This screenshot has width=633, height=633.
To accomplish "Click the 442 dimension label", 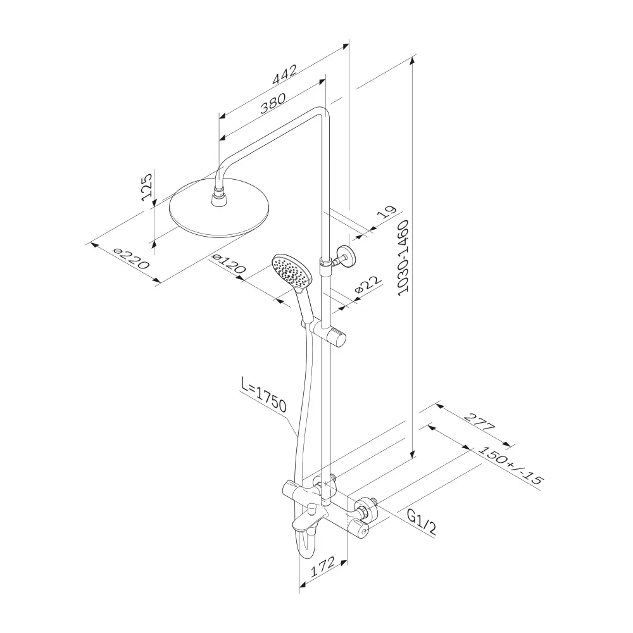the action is pos(285,74).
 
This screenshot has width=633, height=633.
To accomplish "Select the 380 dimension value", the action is pos(273,103).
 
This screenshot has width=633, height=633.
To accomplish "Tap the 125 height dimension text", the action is pos(147,187).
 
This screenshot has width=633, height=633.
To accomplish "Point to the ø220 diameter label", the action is pos(132,259).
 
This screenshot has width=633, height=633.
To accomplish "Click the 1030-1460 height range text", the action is pos(403,258).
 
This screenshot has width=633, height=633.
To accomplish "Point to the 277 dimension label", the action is pos(479,422).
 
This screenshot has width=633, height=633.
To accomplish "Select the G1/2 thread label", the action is pos(421,522).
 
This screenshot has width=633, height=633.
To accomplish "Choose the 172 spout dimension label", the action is pos(323,567).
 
